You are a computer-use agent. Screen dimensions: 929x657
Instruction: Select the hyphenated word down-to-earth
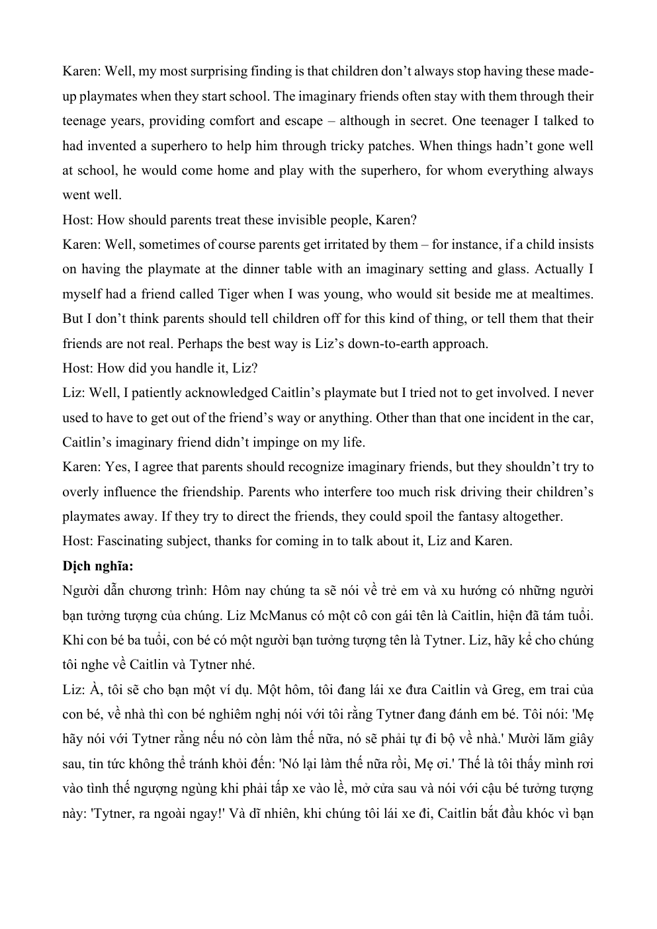click(380, 343)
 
